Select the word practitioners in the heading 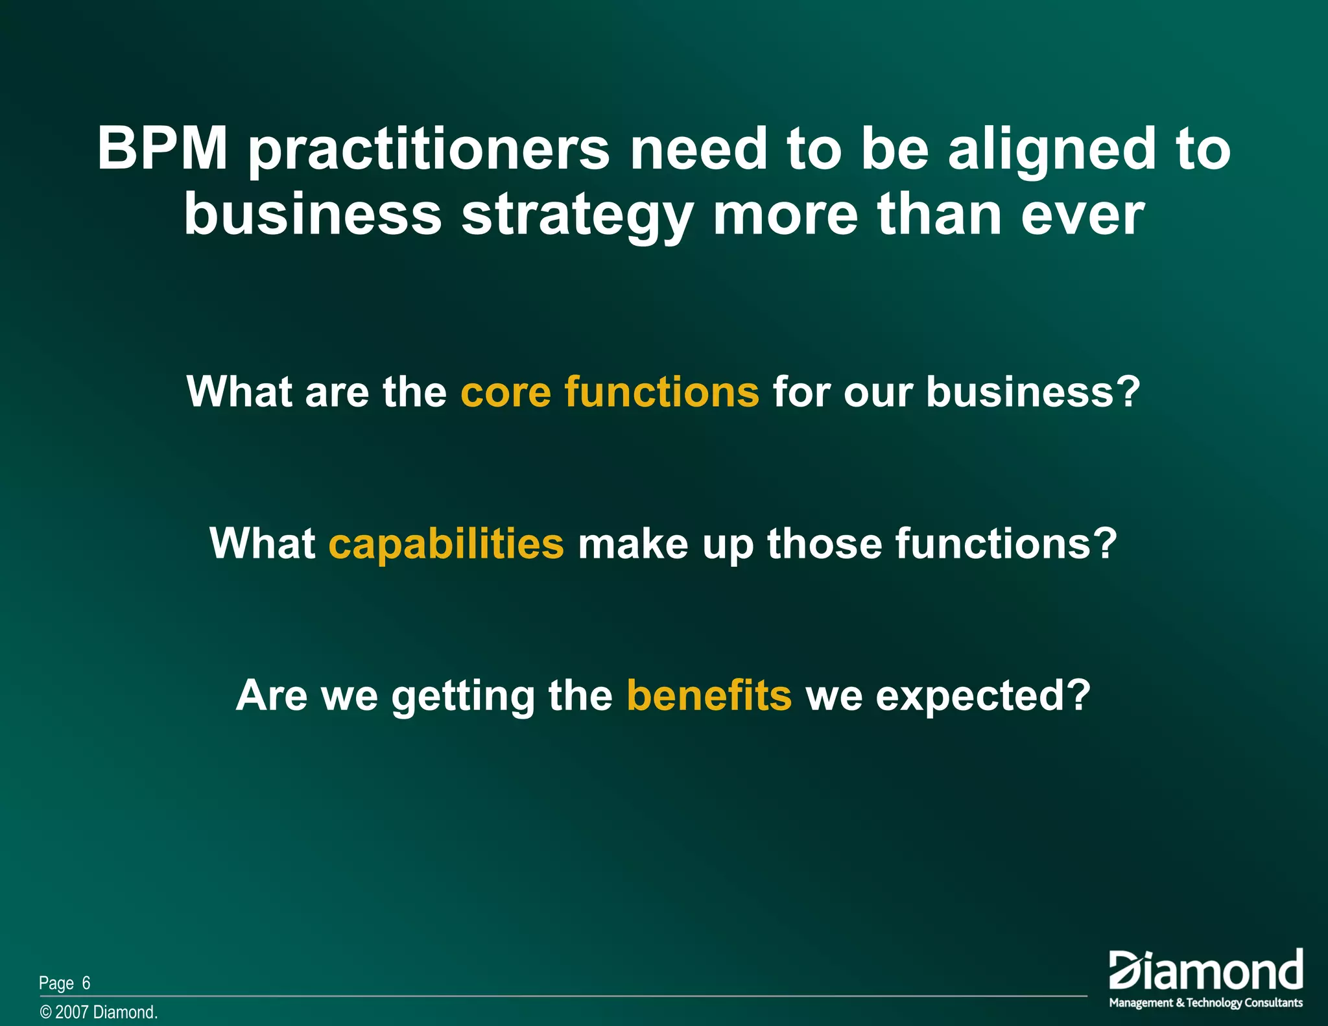coord(429,150)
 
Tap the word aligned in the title coord(1052,150)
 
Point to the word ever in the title coord(1082,215)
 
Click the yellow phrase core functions coord(610,392)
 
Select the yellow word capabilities coord(446,544)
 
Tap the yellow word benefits coord(709,695)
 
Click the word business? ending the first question coord(1032,392)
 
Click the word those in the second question coord(824,543)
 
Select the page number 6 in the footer coord(86,983)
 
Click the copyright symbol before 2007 coord(45,1012)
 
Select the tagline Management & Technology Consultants coord(1205,1003)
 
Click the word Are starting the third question coord(272,696)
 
